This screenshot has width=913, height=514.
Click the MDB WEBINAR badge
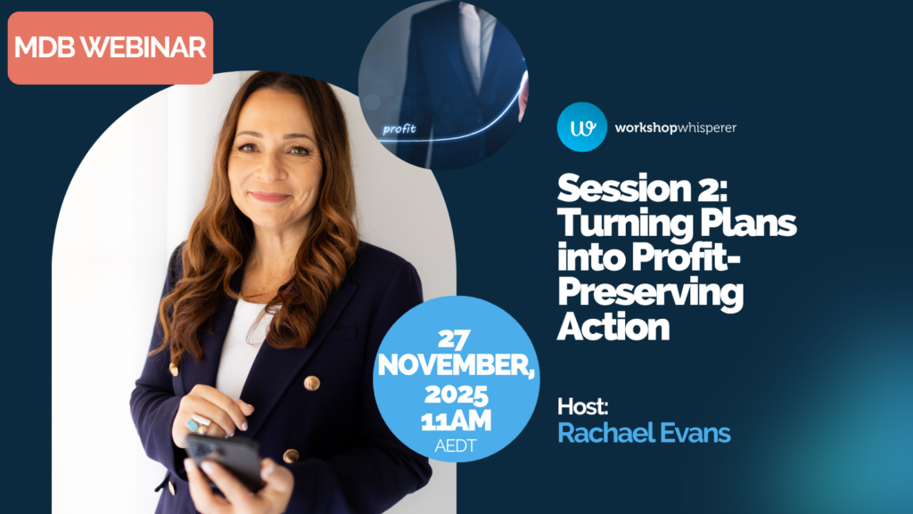tap(111, 48)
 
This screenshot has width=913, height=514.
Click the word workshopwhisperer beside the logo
tap(675, 128)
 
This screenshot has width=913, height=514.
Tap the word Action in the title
tap(613, 326)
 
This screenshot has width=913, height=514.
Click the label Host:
tap(582, 406)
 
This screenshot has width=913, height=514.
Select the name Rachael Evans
tap(644, 434)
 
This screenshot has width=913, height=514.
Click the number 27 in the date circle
tap(456, 339)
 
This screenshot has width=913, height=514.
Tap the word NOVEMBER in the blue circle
tap(455, 365)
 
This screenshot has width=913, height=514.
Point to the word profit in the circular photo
tap(399, 129)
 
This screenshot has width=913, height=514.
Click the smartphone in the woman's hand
tap(224, 460)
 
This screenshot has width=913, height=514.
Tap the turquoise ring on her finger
tap(192, 425)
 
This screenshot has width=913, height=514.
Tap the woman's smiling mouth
tap(268, 196)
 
